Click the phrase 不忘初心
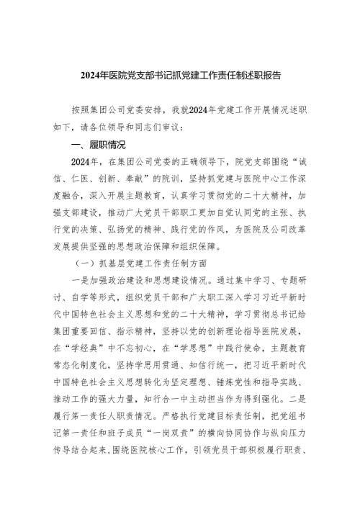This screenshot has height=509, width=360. pyautogui.click(x=141, y=343)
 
